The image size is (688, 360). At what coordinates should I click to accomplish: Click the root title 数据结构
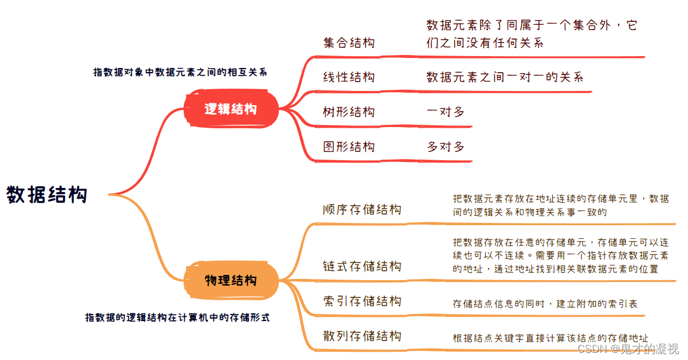(x=47, y=194)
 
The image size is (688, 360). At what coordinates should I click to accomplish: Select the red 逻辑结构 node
(x=231, y=109)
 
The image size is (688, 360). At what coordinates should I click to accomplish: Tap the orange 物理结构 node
(x=231, y=280)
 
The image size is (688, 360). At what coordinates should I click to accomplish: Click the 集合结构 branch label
(x=349, y=43)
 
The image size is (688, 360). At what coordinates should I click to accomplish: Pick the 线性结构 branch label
(x=349, y=77)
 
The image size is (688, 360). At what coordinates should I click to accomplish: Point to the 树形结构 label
(x=349, y=112)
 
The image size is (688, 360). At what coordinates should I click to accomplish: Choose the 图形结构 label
(x=349, y=147)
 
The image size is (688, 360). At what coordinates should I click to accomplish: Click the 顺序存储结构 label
(x=362, y=210)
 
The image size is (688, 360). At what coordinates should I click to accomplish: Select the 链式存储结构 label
(x=362, y=267)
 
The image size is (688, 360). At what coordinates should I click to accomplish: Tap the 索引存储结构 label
(x=362, y=301)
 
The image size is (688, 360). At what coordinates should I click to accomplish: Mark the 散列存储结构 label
(x=362, y=336)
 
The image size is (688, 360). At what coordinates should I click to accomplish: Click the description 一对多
(x=446, y=112)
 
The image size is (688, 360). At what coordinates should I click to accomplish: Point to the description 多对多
(x=446, y=147)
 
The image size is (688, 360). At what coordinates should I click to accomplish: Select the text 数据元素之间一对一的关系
(x=505, y=77)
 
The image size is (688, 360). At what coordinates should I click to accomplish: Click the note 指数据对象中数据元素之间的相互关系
(x=180, y=72)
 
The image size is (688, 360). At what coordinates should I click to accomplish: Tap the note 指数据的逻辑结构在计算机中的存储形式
(x=177, y=317)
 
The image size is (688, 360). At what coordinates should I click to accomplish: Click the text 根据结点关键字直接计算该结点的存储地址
(x=550, y=338)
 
